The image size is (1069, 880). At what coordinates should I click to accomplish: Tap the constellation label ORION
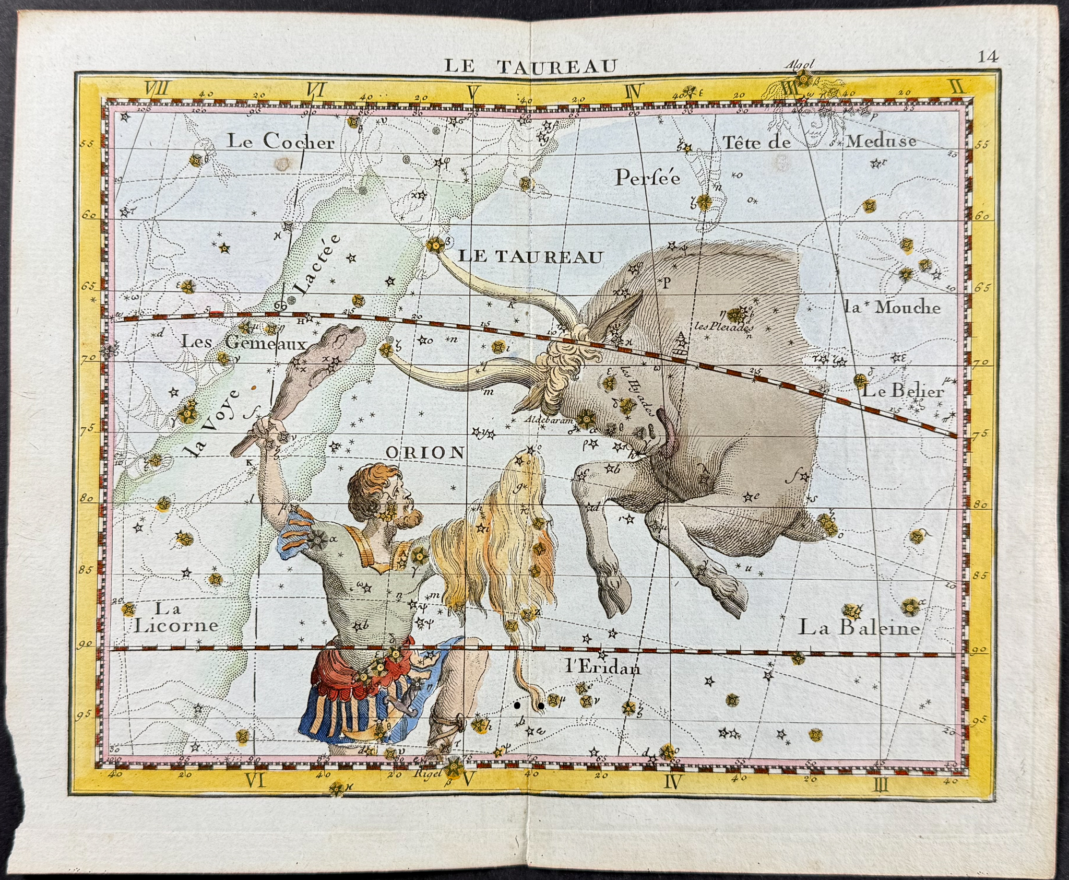[x=424, y=452]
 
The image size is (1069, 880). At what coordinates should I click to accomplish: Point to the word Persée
[x=648, y=178]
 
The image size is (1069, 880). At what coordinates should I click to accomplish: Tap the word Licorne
[x=176, y=625]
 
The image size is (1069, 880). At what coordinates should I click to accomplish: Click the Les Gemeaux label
[x=244, y=343]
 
